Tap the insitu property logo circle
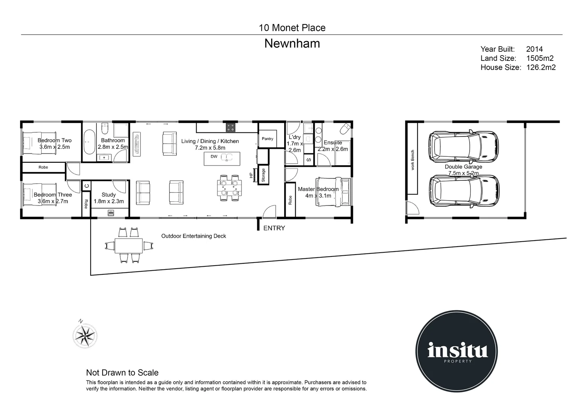point(456,350)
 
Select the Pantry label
point(267,139)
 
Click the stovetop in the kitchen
point(230,127)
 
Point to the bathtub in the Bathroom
point(90,142)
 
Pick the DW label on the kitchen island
point(214,156)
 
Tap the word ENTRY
point(274,228)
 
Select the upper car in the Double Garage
point(463,146)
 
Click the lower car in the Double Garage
point(463,191)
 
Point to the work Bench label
point(413,160)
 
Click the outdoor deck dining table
point(129,246)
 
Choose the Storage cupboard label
point(263,175)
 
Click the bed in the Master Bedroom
point(333,192)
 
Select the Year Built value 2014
point(534,49)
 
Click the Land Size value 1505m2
point(540,58)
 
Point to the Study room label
point(109,195)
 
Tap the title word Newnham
point(292,44)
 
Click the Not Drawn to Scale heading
point(122,373)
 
